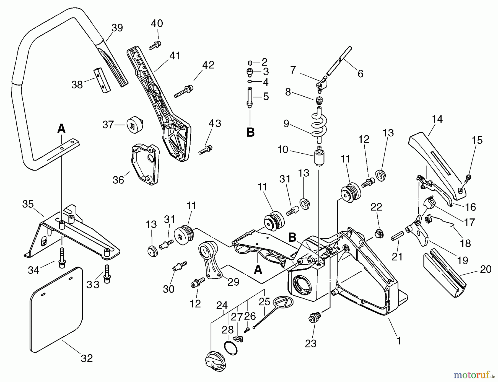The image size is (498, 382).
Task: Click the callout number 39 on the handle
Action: coord(117,28)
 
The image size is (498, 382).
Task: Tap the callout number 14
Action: coord(437,119)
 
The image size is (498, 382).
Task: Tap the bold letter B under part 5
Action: coord(250,132)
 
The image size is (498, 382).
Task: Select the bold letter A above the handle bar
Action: coord(61,129)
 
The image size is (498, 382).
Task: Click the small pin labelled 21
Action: coord(396,238)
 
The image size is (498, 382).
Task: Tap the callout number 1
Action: coord(398,341)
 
